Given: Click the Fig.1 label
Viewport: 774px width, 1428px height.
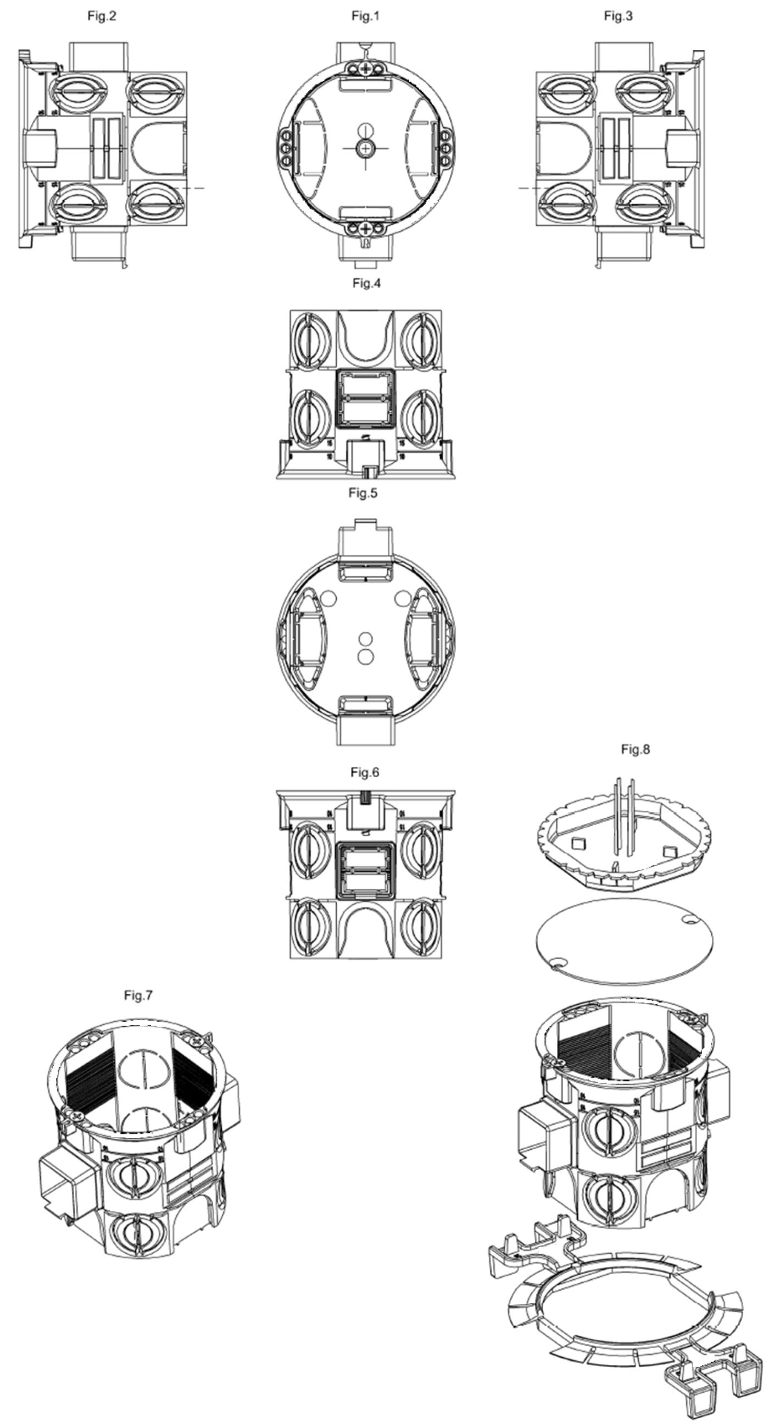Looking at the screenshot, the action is [365, 16].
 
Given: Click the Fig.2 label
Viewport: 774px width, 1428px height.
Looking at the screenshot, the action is [102, 16].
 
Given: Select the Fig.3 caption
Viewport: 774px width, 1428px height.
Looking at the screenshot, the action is [618, 16].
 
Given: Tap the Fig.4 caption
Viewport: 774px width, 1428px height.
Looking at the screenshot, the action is [366, 283].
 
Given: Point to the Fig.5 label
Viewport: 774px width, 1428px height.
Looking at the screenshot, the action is [363, 493].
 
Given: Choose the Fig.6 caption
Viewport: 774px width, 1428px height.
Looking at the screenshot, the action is [365, 772].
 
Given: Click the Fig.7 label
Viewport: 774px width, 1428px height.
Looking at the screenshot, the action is [138, 995].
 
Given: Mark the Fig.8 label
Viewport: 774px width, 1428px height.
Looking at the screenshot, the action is [636, 750].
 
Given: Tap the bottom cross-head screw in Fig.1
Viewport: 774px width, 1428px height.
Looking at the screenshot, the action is [365, 229].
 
